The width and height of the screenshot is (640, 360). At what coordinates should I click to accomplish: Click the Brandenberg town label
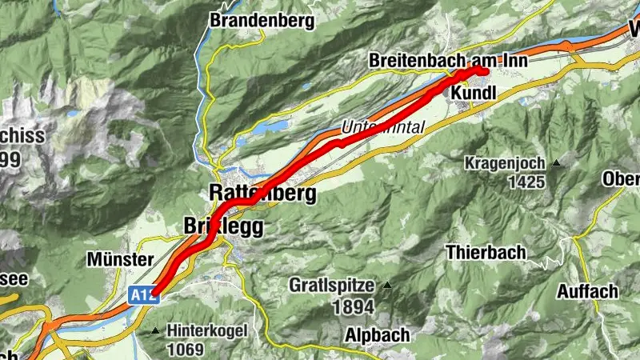point(262,21)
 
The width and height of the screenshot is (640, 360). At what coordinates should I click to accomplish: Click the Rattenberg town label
point(262,193)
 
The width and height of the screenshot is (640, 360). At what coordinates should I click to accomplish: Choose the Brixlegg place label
point(223,226)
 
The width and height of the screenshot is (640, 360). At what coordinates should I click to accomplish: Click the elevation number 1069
point(186,349)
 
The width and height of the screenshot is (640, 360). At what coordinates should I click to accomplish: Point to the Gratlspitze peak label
point(333,285)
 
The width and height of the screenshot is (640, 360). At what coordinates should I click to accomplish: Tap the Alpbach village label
point(378,334)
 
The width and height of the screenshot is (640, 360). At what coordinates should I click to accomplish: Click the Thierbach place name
point(486,253)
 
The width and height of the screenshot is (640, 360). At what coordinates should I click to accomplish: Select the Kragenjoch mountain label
point(506,163)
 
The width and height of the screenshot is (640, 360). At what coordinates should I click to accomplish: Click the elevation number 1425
point(526,182)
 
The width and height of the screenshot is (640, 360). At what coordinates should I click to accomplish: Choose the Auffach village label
point(588,291)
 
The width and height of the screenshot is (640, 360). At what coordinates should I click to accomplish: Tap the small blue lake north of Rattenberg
point(271,126)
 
